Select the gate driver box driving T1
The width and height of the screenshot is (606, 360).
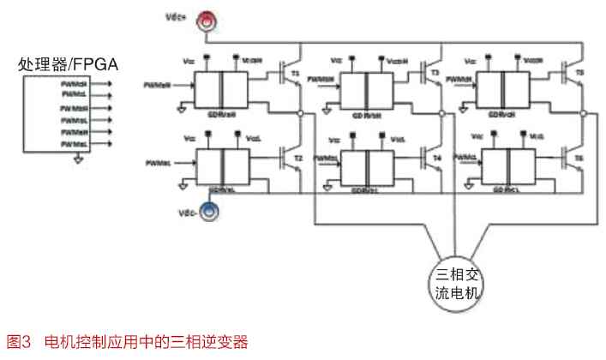pos(222,87)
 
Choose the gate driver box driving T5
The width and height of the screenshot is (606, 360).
pos(502,87)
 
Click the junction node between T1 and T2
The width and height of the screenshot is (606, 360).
pos(300,112)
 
